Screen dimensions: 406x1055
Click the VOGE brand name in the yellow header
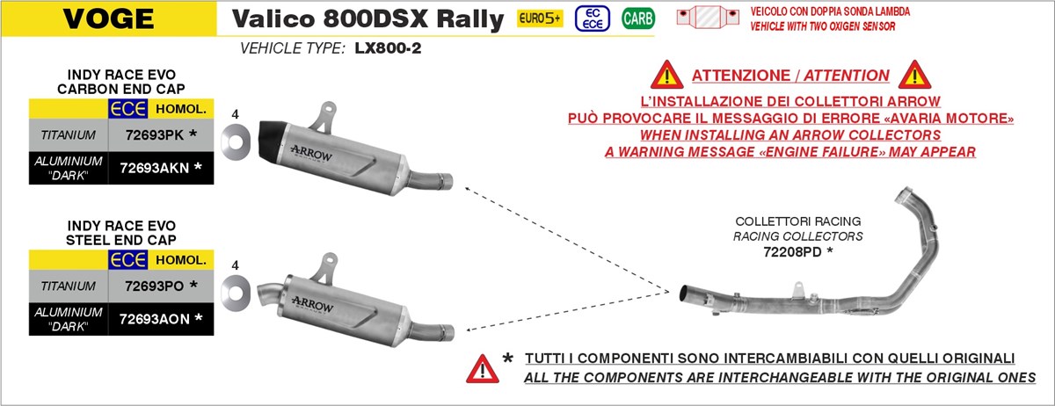pyautogui.click(x=97, y=18)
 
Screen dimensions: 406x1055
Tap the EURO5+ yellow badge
pyautogui.click(x=539, y=18)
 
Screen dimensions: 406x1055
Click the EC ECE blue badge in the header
pyautogui.click(x=591, y=18)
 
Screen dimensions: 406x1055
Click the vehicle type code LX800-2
pyautogui.click(x=388, y=49)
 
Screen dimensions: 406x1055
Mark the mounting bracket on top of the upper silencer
pyautogui.click(x=327, y=112)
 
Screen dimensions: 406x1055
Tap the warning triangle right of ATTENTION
pyautogui.click(x=914, y=75)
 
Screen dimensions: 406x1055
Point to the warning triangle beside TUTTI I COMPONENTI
pyautogui.click(x=482, y=366)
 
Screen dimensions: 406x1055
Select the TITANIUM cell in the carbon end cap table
pyautogui.click(x=68, y=134)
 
